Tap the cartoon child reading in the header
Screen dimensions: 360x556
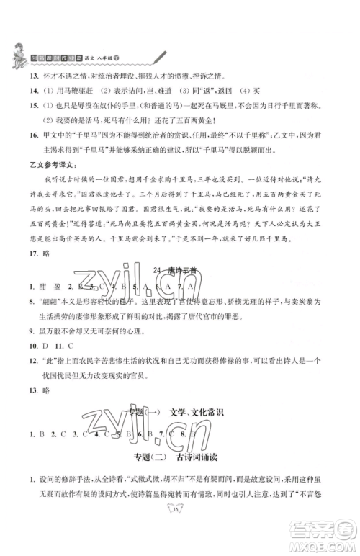(20, 51)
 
